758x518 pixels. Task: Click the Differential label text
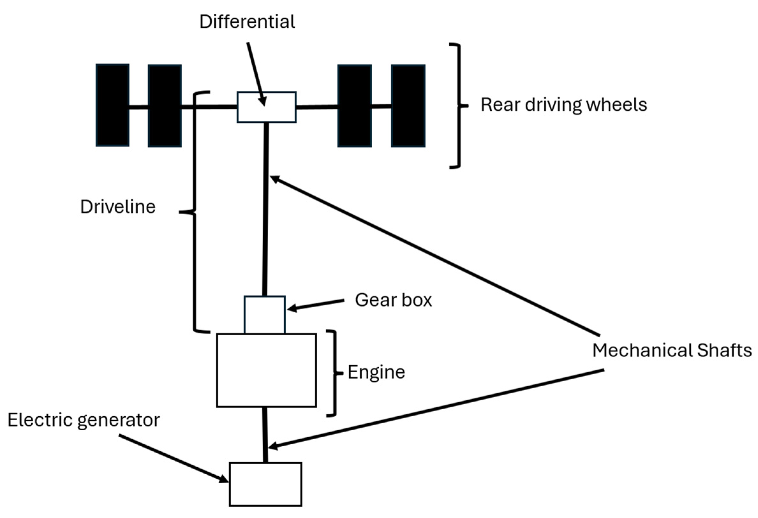click(247, 22)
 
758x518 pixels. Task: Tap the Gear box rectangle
click(264, 315)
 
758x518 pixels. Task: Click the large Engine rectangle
click(267, 370)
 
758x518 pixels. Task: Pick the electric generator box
click(266, 484)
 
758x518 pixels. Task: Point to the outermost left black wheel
click(113, 105)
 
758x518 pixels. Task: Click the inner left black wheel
click(165, 106)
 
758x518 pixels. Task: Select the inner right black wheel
click(355, 106)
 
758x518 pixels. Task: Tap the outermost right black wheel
click(408, 106)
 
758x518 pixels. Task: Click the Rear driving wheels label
click(563, 105)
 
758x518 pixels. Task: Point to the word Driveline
click(118, 207)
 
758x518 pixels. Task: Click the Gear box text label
click(394, 300)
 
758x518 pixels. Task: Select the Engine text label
click(376, 372)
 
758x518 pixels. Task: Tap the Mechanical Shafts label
click(672, 351)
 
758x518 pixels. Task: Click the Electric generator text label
click(84, 420)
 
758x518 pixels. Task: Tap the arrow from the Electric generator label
click(173, 458)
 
